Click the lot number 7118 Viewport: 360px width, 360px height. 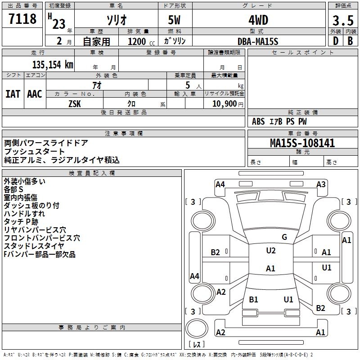coord(22,19)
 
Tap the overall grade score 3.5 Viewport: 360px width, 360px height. coord(342,20)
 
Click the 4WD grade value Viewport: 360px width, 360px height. coord(258,20)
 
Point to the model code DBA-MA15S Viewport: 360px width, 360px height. coord(258,41)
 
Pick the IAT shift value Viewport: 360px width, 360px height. coord(13,94)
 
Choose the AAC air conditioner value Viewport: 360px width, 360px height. coord(35,94)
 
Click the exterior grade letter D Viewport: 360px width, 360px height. coord(335,41)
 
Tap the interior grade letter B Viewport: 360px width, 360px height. coord(350,41)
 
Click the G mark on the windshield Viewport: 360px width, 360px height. coord(284,237)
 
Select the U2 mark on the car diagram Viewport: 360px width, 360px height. coord(270,251)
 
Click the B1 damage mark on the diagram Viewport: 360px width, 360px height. coord(253,299)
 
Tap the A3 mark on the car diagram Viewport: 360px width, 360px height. coord(321,184)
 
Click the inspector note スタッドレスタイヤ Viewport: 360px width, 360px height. coord(34,246)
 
